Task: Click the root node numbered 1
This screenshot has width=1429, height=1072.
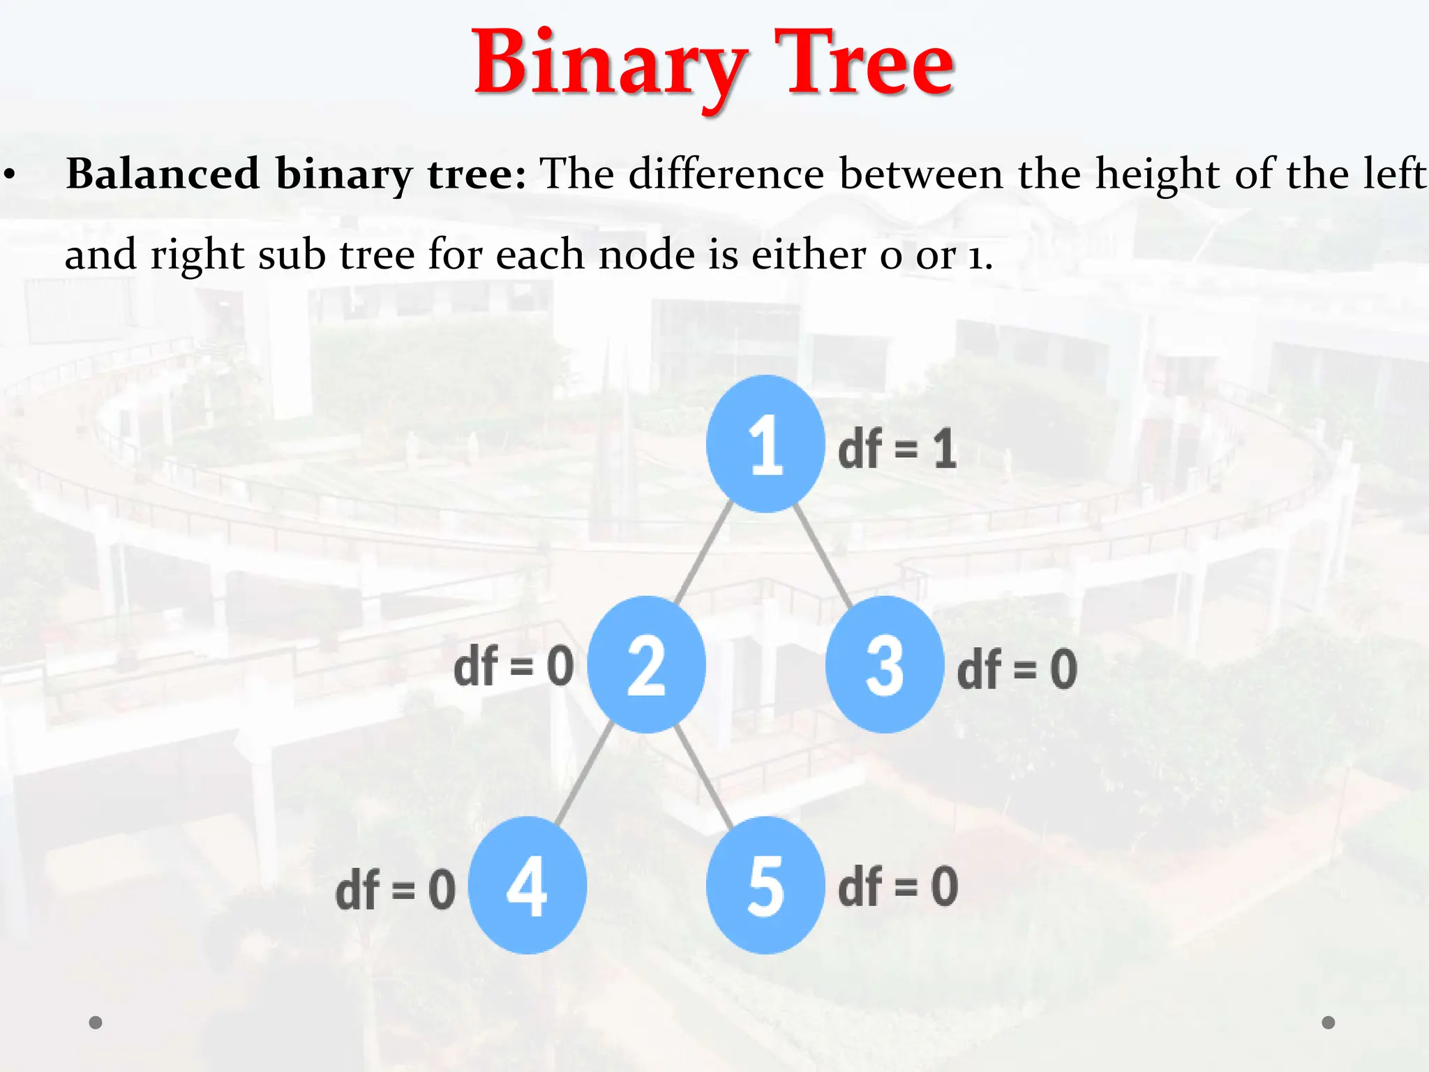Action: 765,444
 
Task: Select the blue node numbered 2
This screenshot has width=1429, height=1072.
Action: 646,664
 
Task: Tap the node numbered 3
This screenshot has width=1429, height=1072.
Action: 884,664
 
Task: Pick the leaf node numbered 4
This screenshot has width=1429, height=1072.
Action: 527,885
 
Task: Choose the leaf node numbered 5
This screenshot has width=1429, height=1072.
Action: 765,885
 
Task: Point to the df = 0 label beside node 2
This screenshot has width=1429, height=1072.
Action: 514,667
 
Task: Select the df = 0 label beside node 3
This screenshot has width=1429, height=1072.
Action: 1017,669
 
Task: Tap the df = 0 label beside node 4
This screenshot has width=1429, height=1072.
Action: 396,890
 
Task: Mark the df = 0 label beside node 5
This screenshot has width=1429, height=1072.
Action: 898,886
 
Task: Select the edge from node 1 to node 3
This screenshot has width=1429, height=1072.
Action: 823,556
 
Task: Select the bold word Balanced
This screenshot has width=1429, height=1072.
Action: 163,173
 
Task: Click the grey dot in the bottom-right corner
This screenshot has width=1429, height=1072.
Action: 1329,1022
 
